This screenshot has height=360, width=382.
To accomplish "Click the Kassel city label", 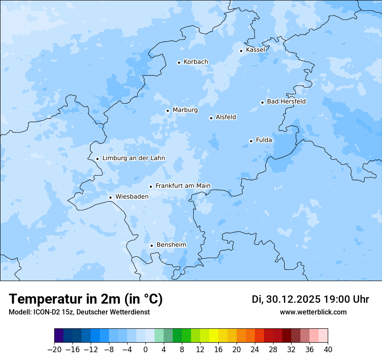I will [255, 50].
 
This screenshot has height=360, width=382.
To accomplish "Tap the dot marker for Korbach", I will [179, 62].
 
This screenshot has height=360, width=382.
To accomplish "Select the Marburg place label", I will [185, 110].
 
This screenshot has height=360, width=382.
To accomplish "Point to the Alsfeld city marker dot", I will [211, 118].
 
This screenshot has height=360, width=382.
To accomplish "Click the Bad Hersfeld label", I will [286, 101].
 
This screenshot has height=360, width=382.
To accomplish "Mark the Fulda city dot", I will [251, 141].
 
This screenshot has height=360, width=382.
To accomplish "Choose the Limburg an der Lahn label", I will [134, 158].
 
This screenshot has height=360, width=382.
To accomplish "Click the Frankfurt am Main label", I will [183, 186].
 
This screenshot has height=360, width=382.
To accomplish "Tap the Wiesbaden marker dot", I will [111, 197].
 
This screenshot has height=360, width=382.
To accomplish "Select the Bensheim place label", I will [171, 245].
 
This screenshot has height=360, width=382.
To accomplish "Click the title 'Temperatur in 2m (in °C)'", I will [86, 299].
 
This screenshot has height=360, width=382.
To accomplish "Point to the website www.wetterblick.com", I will [313, 312].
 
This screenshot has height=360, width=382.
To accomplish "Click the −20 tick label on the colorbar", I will [54, 350].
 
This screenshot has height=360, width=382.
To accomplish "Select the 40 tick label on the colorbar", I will [328, 350].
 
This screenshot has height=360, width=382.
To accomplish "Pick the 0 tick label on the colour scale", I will [145, 350].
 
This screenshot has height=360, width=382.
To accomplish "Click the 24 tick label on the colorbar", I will [255, 350].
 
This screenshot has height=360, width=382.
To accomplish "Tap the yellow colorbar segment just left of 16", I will [214, 336].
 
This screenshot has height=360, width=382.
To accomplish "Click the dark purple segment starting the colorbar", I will [59, 336].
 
